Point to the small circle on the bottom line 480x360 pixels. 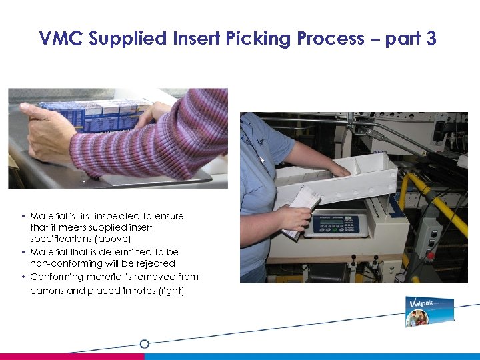tap(144, 344)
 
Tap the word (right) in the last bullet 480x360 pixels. tap(170, 291)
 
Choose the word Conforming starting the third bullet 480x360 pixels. tap(57, 277)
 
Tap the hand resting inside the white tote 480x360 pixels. tap(341, 171)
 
